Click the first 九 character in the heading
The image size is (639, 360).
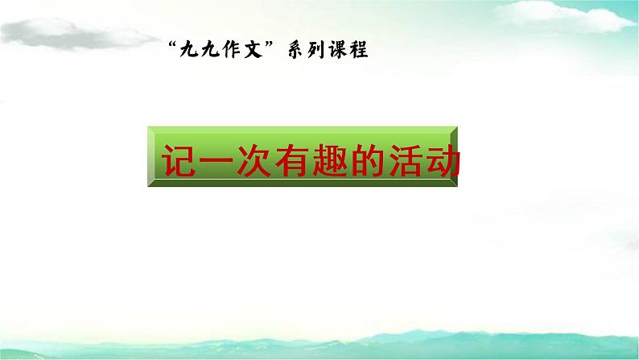coord(188,49)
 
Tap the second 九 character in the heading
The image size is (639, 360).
coord(210,49)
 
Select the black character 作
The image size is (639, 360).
coord(231,49)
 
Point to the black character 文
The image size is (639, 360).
coord(253,49)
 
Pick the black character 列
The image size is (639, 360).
coord(316,49)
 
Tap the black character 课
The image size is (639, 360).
coord(338,49)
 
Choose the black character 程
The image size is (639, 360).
coord(359,49)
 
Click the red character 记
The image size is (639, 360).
coord(179,160)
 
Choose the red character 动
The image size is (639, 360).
coord(443,160)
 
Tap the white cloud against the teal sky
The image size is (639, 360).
coord(564,16)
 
